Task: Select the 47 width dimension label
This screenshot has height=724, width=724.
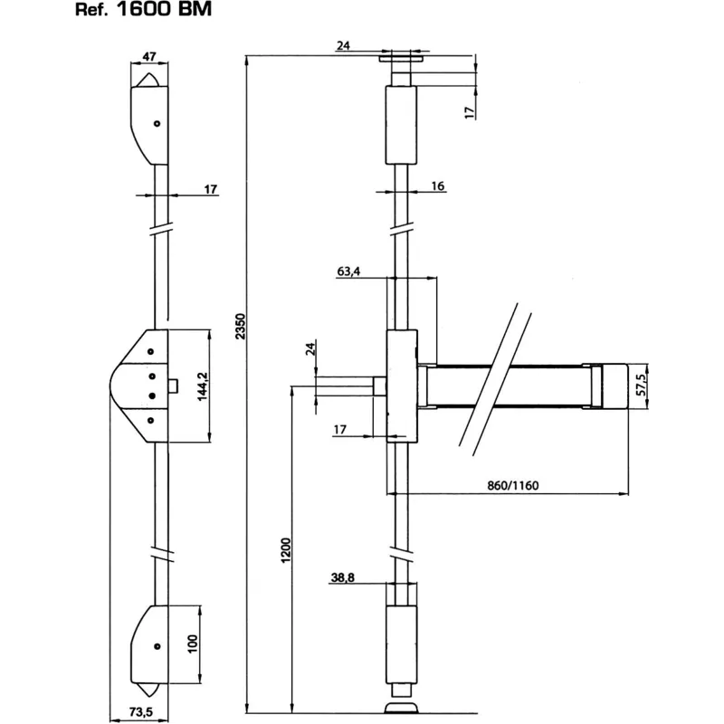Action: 149,57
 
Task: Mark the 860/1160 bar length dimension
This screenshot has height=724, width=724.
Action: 511,484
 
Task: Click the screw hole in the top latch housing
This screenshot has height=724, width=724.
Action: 157,124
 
